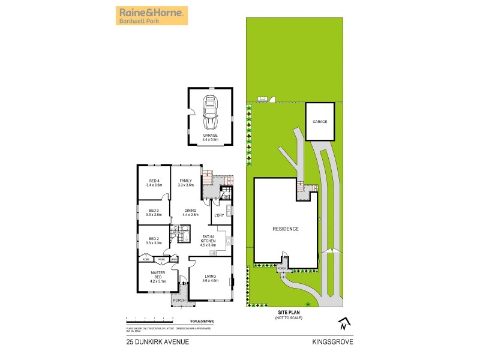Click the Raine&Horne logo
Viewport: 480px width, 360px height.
tap(151, 16)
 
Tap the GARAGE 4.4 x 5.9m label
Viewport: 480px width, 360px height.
tap(210, 137)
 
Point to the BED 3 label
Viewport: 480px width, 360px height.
tap(154, 212)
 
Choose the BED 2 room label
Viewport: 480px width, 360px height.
tap(154, 241)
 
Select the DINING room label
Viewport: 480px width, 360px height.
tap(190, 212)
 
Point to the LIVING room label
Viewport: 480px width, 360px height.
tap(209, 278)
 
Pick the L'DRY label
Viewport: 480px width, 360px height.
tap(219, 215)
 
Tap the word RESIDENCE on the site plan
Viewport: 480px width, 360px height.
tap(286, 229)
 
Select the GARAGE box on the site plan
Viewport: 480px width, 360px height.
tap(320, 122)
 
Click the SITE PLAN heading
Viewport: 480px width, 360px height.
tap(288, 313)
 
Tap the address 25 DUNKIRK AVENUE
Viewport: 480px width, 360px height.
tap(158, 342)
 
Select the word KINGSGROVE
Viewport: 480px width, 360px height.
tap(332, 342)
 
